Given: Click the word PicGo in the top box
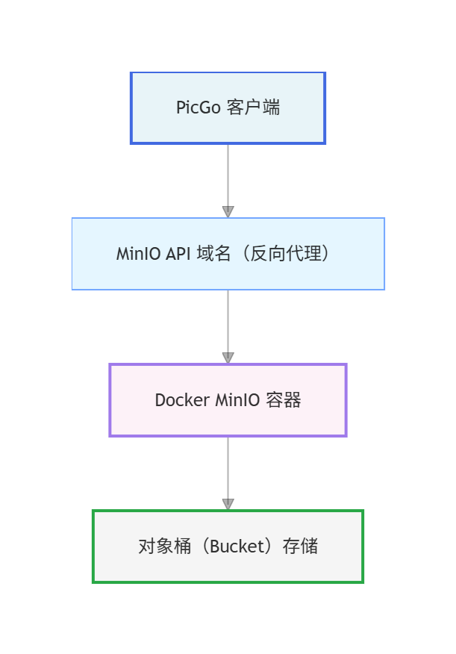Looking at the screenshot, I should pyautogui.click(x=198, y=108).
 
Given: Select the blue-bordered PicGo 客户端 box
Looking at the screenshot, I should pyautogui.click(x=228, y=127).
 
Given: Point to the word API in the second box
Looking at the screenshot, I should pyautogui.click(x=178, y=254).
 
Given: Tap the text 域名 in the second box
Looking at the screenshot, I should pyautogui.click(x=212, y=254).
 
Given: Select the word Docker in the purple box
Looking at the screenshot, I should pyautogui.click(x=182, y=400).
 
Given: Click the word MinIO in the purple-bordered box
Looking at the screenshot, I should pyautogui.click(x=237, y=400).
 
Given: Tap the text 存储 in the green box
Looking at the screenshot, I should pyautogui.click(x=300, y=546).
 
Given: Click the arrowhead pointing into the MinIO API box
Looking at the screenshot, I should pyautogui.click(x=228, y=212).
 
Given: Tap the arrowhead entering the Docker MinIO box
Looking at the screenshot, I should pyautogui.click(x=228, y=358).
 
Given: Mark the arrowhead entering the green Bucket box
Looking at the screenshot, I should pyautogui.click(x=228, y=505).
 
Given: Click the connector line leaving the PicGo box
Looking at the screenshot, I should pyautogui.click(x=228, y=172).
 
